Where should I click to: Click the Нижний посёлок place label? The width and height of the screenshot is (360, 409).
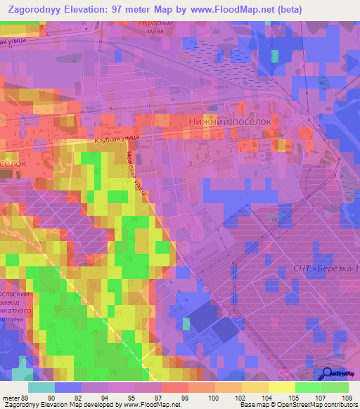[230, 121]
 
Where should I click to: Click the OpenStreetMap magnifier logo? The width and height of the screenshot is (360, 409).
[328, 374]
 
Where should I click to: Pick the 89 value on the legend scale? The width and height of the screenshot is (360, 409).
[27, 398]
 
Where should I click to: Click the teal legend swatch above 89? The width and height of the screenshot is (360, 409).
[41, 387]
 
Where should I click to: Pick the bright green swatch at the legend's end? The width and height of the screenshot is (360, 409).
[335, 387]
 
